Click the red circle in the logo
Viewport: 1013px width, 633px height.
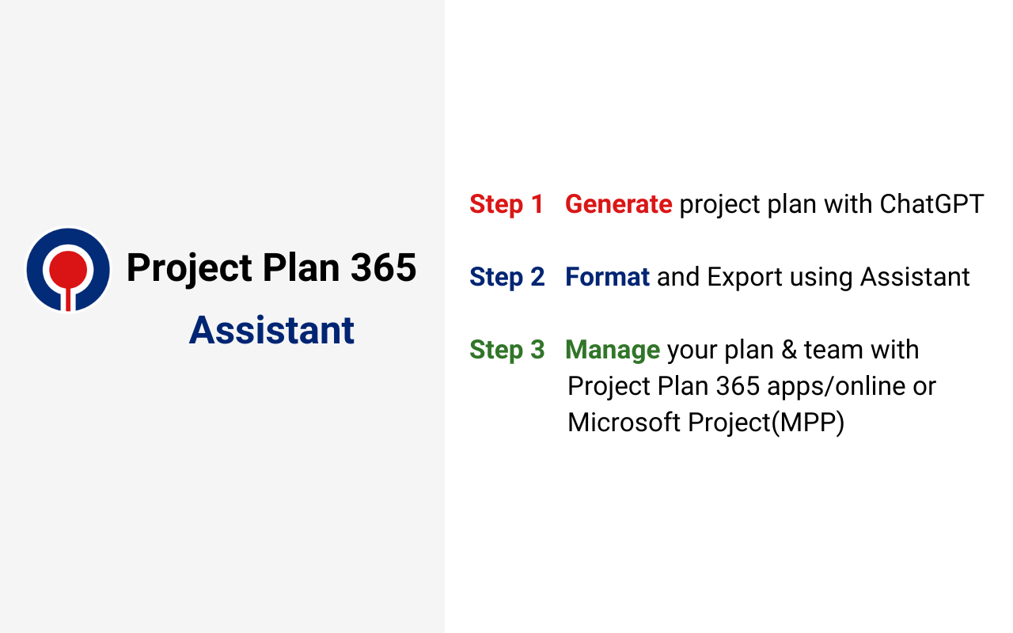(68, 267)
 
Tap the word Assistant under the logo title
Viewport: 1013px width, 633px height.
(271, 330)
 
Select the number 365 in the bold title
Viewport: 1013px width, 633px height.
(384, 267)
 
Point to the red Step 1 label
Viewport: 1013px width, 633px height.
(506, 204)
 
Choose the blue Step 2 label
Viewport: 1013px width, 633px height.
(506, 277)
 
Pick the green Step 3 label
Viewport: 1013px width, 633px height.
(506, 350)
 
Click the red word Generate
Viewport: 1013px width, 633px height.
(618, 204)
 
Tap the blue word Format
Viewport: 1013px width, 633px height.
(607, 277)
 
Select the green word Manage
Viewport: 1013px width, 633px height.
(613, 350)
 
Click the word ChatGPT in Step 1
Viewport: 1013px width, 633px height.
(931, 204)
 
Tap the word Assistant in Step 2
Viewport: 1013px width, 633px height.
(915, 277)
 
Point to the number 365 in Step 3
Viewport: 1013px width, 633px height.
(738, 386)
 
